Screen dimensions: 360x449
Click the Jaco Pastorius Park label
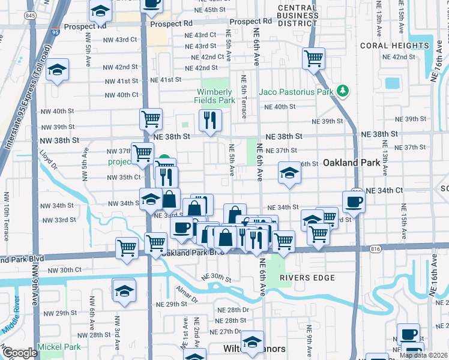tap(295, 92)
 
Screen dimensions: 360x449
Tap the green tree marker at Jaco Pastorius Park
tap(343, 91)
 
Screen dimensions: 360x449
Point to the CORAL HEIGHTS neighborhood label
tap(395, 45)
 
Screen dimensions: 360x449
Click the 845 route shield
tap(30, 15)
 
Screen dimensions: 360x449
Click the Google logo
tap(20, 353)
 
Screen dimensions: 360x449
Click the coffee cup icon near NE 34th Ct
tap(354, 201)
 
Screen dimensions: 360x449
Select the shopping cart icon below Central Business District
tap(313, 58)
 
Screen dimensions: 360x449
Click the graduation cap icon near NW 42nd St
tap(58, 70)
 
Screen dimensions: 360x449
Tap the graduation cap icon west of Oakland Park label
tap(289, 173)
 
